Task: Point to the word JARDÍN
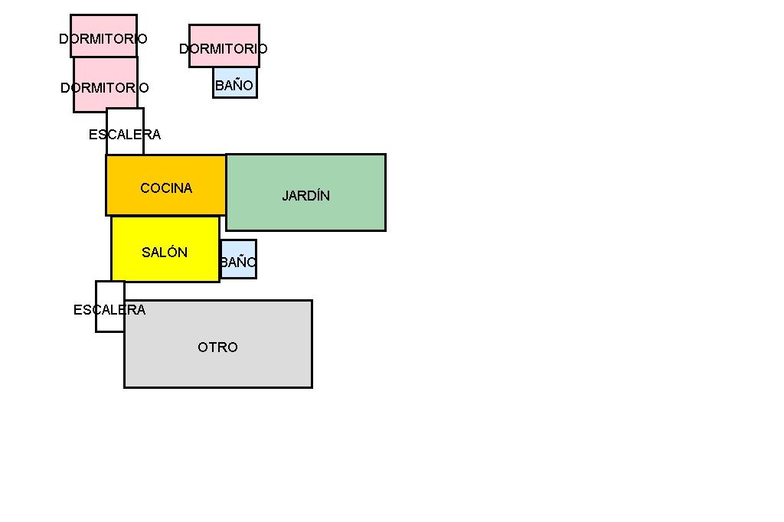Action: pyautogui.click(x=306, y=196)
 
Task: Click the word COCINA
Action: pyautogui.click(x=166, y=188)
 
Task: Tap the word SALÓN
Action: pyautogui.click(x=165, y=253)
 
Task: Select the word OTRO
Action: pyautogui.click(x=218, y=347)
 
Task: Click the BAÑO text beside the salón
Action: pyautogui.click(x=238, y=263)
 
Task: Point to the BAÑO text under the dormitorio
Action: pyautogui.click(x=234, y=86)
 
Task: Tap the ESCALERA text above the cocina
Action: pyautogui.click(x=125, y=135)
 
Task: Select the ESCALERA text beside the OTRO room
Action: pyautogui.click(x=109, y=310)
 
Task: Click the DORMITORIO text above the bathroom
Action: pyautogui.click(x=224, y=49)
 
